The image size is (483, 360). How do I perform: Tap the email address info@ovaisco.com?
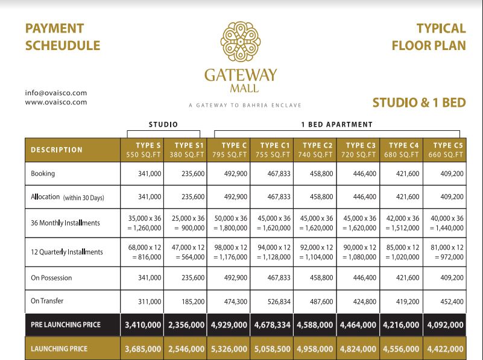[56, 93]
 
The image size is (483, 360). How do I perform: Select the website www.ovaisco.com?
[56, 102]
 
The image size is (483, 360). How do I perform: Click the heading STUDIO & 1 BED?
[419, 103]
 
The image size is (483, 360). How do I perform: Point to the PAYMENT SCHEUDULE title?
[63, 37]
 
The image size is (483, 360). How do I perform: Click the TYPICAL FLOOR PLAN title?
[429, 37]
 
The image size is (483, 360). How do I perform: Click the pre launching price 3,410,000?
[143, 324]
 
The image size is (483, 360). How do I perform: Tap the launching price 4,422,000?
[445, 349]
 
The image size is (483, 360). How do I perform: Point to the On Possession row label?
[51, 278]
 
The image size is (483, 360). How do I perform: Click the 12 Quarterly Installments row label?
[66, 252]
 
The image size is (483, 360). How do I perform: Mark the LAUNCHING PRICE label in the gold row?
[58, 349]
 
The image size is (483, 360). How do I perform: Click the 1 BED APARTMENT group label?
[336, 125]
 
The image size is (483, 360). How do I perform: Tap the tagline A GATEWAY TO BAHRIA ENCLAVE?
[241, 105]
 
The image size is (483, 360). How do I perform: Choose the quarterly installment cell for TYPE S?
[143, 252]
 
